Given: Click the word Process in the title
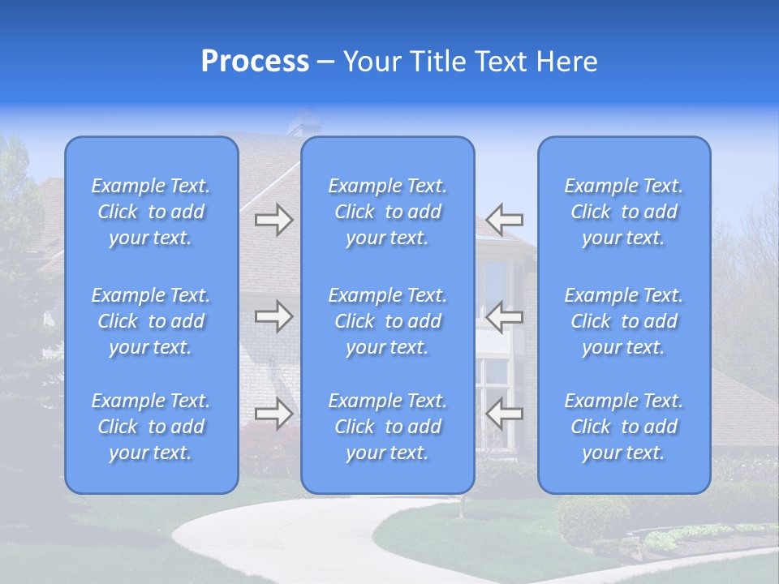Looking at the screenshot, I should pos(255,62).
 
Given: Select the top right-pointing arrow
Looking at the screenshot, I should pos(273,220).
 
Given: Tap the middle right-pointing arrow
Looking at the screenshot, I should pos(273,316).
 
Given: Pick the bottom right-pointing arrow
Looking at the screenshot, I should pos(273,414).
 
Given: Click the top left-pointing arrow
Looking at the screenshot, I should pos(505,220).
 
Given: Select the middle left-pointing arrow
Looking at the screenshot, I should pos(505,316).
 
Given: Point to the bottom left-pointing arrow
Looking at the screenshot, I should pos(505,414).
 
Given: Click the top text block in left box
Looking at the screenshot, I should pos(151,212).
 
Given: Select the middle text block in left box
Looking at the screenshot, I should pos(151,321).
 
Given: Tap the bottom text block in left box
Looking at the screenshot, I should pos(151,427).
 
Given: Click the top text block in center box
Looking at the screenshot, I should pos(388,212).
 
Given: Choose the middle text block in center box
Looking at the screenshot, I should pos(388,321).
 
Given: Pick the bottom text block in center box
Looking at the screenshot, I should pos(388,427).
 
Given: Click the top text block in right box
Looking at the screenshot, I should pos(624,212).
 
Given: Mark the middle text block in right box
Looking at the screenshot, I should pos(624,321).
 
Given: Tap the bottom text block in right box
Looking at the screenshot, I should pos(624,427).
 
